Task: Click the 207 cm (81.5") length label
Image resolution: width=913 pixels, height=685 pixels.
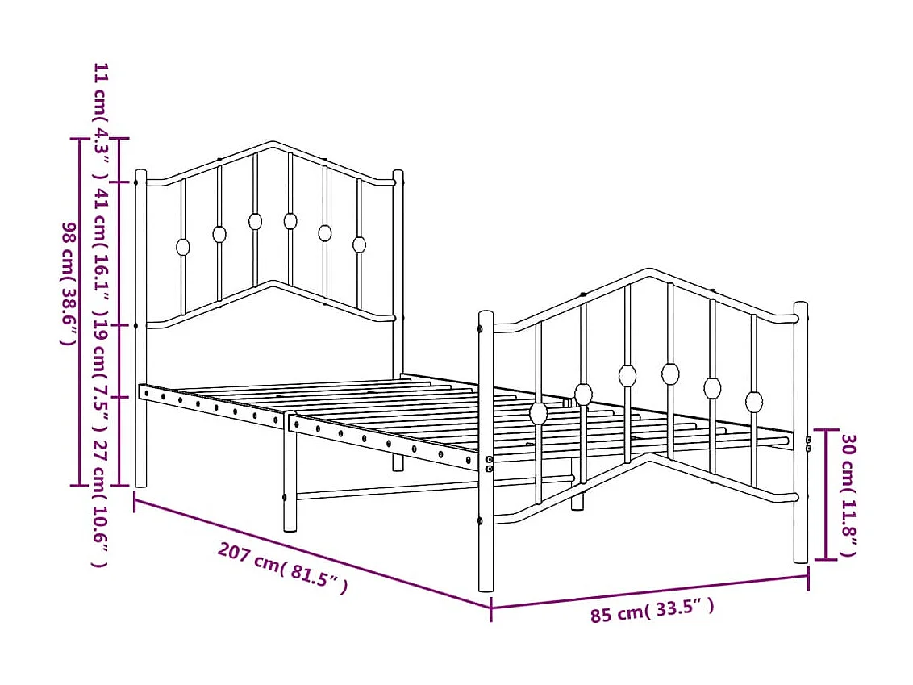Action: point(283,568)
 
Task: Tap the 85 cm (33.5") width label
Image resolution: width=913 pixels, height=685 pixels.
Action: point(652,611)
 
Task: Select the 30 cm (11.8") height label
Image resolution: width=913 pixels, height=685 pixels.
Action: point(848,495)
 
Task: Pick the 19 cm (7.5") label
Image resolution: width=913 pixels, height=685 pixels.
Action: point(101,361)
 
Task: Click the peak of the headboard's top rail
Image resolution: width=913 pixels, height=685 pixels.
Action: point(272,144)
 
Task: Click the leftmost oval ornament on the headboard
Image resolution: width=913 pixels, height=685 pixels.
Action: point(183,247)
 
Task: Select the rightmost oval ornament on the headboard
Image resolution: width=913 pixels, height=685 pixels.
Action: point(360,244)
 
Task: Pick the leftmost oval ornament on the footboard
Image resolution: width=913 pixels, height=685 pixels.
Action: point(539,413)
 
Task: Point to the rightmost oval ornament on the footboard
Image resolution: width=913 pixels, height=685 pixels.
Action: point(754,401)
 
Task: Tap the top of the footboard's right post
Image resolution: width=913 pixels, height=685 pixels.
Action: point(801,306)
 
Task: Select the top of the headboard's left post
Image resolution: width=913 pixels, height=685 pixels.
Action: point(140,173)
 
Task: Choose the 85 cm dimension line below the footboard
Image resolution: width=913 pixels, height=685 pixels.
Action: point(650,591)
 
